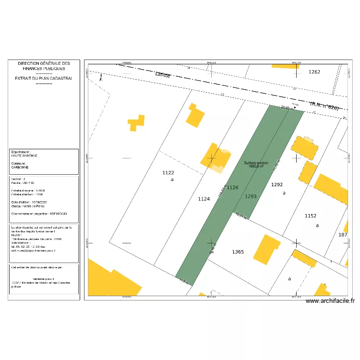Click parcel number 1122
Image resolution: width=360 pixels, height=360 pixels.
pyautogui.click(x=168, y=173)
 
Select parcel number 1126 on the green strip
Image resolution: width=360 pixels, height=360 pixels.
pyautogui.click(x=232, y=188)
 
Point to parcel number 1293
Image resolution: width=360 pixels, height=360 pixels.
pyautogui.click(x=251, y=196)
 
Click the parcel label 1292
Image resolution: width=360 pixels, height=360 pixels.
pyautogui.click(x=277, y=185)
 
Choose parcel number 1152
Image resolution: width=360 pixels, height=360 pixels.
pyautogui.click(x=311, y=216)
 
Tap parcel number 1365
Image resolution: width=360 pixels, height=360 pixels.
pyautogui.click(x=238, y=252)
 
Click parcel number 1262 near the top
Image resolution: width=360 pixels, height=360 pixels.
pyautogui.click(x=314, y=72)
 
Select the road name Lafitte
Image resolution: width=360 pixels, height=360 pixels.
pyautogui.click(x=163, y=74)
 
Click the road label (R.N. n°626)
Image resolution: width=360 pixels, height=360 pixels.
pyautogui.click(x=324, y=106)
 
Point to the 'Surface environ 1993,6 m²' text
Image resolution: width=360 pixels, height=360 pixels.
pyautogui.click(x=255, y=164)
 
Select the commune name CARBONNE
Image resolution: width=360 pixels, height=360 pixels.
pyautogui.click(x=20, y=168)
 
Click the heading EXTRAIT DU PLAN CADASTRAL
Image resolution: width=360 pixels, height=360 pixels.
pyautogui.click(x=44, y=78)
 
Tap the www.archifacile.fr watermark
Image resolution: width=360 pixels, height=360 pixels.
pyautogui.click(x=330, y=301)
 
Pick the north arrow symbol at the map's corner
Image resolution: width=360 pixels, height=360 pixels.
pyautogui.click(x=101, y=76)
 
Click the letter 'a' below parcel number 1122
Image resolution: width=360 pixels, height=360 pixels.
pyautogui.click(x=172, y=180)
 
